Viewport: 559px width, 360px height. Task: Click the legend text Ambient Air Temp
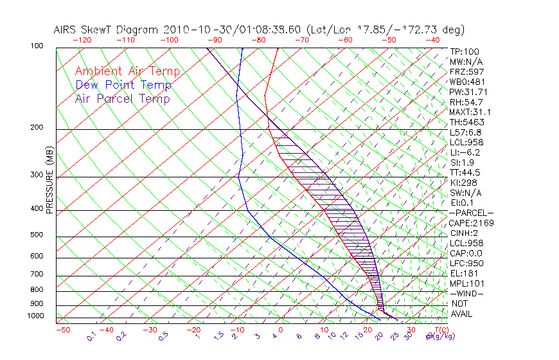coord(127,72)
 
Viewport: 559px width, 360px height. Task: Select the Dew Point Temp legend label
coord(123,85)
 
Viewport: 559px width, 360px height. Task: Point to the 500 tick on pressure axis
coord(38,235)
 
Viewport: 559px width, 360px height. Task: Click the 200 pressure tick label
coord(38,128)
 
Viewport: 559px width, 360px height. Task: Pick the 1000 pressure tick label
coord(36,316)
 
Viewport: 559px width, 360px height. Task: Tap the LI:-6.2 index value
coord(465,152)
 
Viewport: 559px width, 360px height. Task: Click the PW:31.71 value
coord(469,92)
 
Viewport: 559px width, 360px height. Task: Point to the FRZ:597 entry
coord(467,72)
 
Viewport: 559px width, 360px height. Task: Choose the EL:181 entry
coord(465,274)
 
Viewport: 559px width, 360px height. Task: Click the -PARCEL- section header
coord(471,213)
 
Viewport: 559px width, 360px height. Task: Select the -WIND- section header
coord(466,294)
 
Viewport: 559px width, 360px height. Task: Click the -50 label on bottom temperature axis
coord(62,330)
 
